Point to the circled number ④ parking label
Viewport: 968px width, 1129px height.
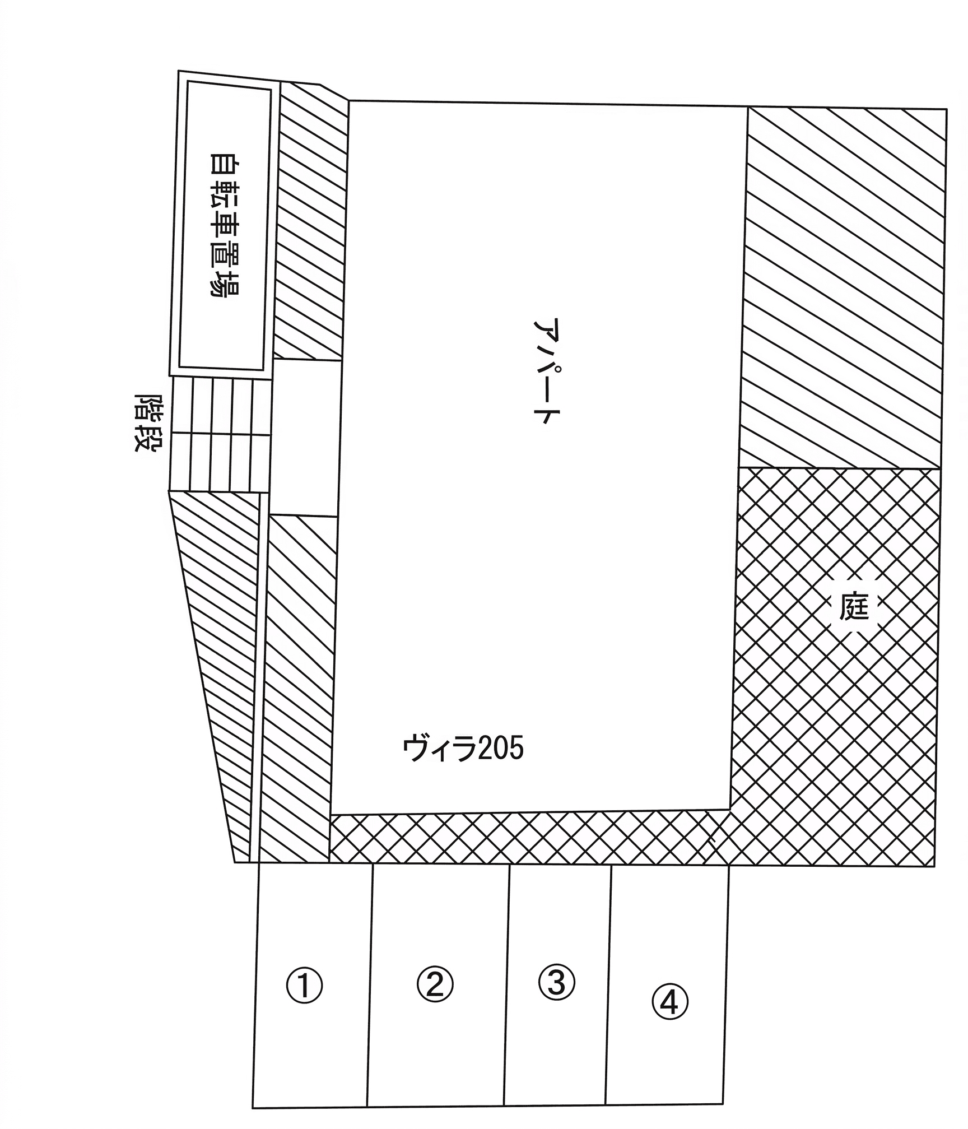(x=669, y=1018)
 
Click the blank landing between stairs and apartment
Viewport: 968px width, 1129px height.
(x=306, y=437)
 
